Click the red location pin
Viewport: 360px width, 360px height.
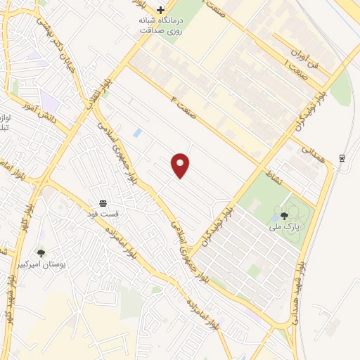pyautogui.click(x=181, y=165)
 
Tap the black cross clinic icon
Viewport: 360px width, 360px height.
pyautogui.click(x=161, y=10)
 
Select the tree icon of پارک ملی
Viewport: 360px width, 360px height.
pyautogui.click(x=284, y=217)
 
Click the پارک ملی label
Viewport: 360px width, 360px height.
pyautogui.click(x=284, y=227)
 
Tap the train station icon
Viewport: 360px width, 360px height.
pyautogui.click(x=341, y=158)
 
